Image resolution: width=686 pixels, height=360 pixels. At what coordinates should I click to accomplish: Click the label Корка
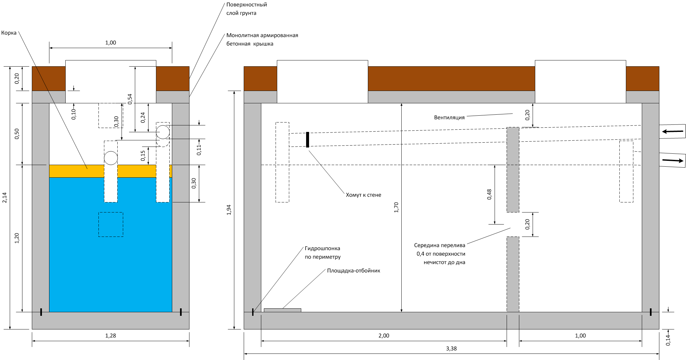click(9, 33)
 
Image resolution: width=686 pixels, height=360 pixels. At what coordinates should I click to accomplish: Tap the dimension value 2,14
click(5, 198)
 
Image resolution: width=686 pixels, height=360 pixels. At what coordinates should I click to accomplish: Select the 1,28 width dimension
click(110, 336)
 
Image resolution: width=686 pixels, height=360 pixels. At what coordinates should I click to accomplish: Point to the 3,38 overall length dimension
click(451, 349)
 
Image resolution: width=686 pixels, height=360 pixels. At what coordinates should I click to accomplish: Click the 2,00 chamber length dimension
click(384, 336)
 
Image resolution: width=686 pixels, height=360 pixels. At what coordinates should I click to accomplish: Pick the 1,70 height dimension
click(396, 207)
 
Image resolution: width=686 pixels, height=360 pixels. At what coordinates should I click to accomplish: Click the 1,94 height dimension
click(229, 210)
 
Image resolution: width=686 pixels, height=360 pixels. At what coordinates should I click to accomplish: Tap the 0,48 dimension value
click(489, 194)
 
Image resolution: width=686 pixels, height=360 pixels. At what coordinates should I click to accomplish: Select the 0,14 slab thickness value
click(668, 340)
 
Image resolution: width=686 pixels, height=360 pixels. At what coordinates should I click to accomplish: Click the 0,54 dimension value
click(130, 99)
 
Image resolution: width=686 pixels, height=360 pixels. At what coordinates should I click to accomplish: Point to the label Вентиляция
click(449, 117)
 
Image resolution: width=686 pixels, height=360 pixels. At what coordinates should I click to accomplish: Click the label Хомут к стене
click(363, 195)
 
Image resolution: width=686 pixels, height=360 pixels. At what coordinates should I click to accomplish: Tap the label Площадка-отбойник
click(353, 271)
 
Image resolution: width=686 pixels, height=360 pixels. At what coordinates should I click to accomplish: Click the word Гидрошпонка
click(322, 248)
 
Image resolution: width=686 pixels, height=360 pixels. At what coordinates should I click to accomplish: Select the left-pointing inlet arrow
click(672, 131)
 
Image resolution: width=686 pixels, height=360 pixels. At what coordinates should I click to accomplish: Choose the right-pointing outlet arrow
click(672, 160)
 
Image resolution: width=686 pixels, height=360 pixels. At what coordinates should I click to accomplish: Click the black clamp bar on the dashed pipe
click(307, 140)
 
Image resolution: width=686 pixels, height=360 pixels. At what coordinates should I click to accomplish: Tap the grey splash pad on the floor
click(282, 310)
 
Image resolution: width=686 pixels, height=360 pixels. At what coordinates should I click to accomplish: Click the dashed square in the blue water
click(111, 225)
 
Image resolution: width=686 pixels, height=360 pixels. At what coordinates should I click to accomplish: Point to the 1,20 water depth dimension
click(17, 238)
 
